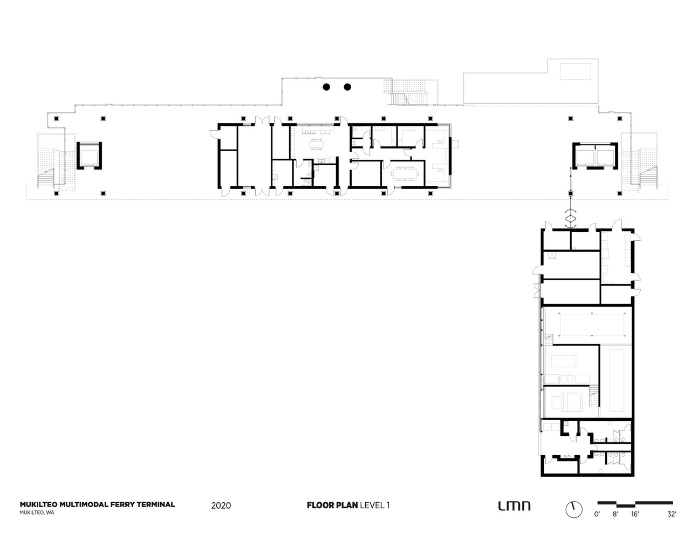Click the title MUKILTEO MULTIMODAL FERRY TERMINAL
(97, 504)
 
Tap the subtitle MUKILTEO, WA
(37, 513)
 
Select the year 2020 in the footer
(221, 506)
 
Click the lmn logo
(514, 506)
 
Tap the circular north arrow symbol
(574, 509)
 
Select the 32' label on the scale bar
(671, 515)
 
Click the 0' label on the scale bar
(597, 515)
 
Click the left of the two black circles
(326, 87)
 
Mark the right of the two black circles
(347, 87)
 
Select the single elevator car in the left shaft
(88, 156)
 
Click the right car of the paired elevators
(605, 156)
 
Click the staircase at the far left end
(46, 178)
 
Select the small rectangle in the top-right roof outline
(576, 71)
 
